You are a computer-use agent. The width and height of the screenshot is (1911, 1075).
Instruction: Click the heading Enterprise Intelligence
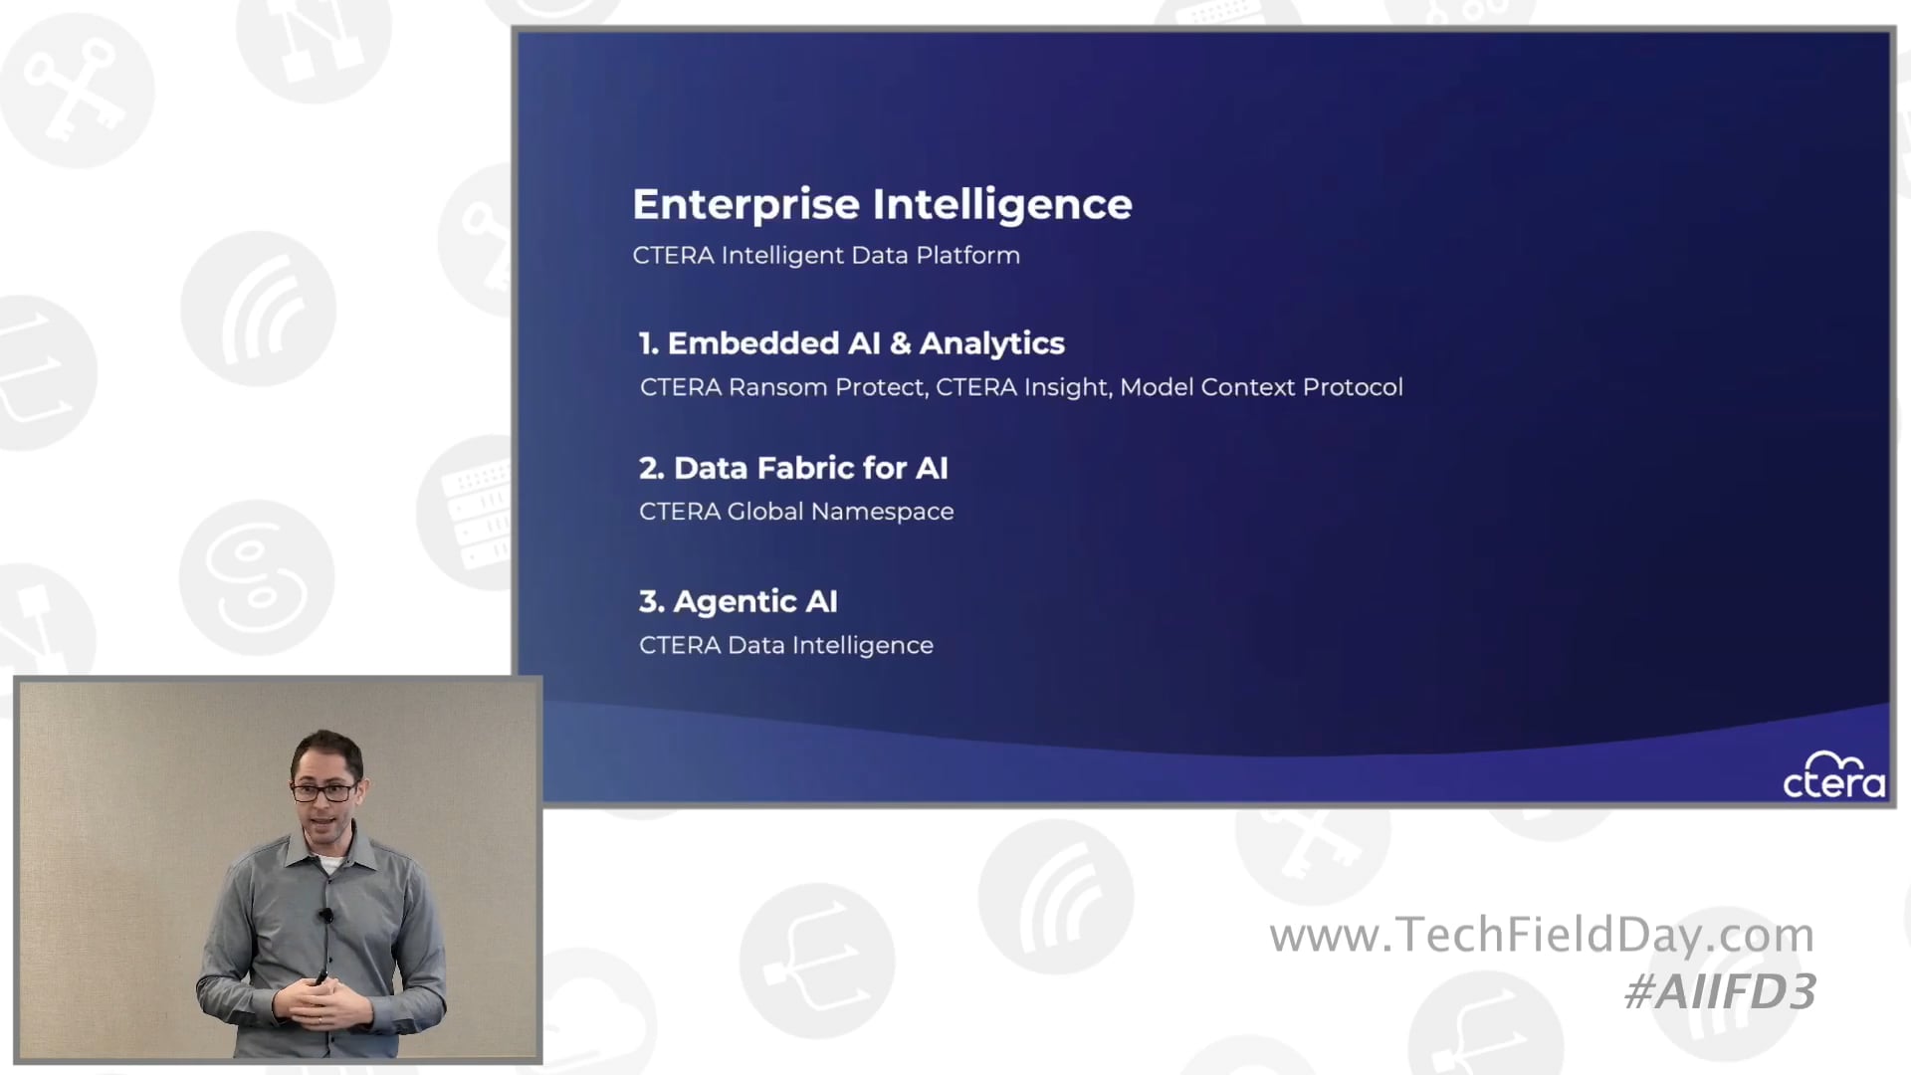pos(882,204)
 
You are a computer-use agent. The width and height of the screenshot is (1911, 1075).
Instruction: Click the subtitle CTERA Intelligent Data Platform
pos(826,255)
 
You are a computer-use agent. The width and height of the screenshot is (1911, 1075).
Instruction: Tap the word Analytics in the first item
pos(991,343)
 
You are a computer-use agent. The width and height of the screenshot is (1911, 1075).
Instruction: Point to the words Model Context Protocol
pos(1261,387)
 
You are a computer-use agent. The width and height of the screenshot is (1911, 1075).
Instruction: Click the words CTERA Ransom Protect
pos(783,387)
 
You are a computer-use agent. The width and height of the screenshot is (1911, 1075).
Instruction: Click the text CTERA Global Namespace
pos(796,512)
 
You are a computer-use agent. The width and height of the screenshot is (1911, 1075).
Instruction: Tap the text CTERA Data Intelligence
pos(786,645)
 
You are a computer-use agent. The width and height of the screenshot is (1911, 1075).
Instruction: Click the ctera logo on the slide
pos(1833,776)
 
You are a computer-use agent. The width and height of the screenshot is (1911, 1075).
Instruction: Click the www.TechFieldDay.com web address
pos(1542,935)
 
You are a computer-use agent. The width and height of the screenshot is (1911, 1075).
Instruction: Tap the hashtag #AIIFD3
pos(1720,992)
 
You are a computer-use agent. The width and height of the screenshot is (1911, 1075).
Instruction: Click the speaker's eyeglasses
pos(323,792)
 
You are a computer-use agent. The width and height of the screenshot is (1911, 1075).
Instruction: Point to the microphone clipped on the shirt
pos(325,914)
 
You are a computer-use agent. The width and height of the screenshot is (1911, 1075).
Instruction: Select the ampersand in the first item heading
pos(900,343)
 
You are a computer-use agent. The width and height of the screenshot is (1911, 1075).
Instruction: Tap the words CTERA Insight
pos(1021,387)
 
